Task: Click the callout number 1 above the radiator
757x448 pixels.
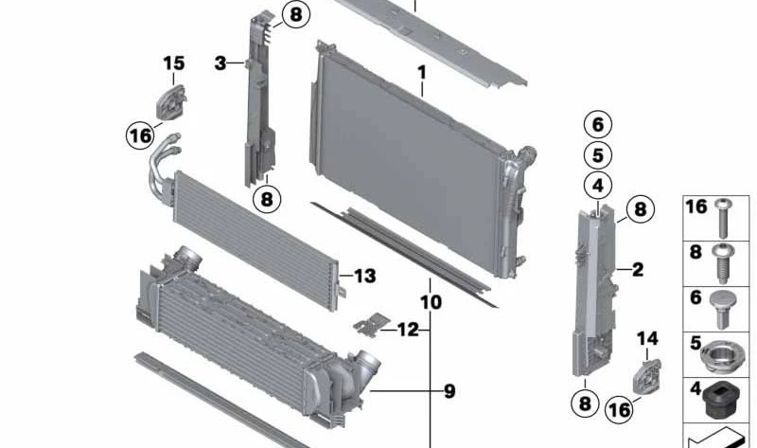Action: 422,73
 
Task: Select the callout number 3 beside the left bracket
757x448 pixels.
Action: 220,63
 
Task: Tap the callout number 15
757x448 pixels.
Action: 174,63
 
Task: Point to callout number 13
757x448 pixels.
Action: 365,276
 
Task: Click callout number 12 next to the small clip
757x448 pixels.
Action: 408,330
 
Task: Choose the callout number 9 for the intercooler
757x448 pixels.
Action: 449,391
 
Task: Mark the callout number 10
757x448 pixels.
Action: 431,302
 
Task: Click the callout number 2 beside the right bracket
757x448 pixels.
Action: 638,269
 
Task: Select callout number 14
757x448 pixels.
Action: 647,338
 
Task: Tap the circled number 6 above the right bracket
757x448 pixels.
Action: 598,125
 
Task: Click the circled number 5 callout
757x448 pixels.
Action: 598,155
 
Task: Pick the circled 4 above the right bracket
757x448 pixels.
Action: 598,185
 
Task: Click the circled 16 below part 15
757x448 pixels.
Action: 140,135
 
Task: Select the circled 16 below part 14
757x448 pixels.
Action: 620,410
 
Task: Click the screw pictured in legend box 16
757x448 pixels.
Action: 723,218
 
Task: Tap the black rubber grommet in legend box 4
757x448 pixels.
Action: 718,401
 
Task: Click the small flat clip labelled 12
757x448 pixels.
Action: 371,324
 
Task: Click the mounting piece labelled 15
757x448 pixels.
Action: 171,102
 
